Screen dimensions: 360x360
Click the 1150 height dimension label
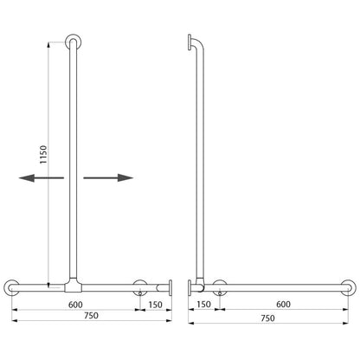coord(43,155)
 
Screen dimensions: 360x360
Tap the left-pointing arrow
coord(42,177)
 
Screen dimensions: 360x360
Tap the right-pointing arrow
coord(108,177)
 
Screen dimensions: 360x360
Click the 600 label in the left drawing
coord(75,305)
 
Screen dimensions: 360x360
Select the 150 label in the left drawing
coord(156,305)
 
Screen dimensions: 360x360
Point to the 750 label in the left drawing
coord(91,316)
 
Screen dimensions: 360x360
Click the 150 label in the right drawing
coord(203,305)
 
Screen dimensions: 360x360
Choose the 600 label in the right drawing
coord(283,305)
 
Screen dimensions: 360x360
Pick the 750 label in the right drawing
coord(267,318)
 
